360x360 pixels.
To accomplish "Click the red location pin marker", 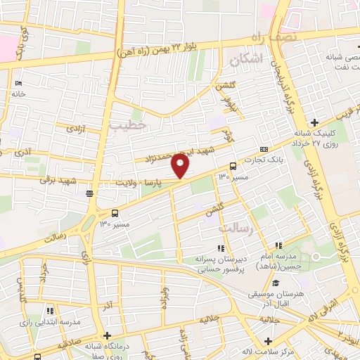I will click(x=181, y=166).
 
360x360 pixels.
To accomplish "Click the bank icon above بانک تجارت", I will click(x=264, y=150).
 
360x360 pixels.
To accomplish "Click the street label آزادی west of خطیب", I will click(x=75, y=129).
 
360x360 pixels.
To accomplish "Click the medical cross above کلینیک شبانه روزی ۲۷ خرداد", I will click(x=315, y=123).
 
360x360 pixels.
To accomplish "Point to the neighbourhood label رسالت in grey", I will click(x=233, y=228).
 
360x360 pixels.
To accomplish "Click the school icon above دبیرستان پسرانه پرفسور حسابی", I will click(x=221, y=247).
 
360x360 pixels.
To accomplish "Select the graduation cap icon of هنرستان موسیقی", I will click(x=275, y=283).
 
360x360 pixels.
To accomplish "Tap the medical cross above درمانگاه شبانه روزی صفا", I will click(x=107, y=335).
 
